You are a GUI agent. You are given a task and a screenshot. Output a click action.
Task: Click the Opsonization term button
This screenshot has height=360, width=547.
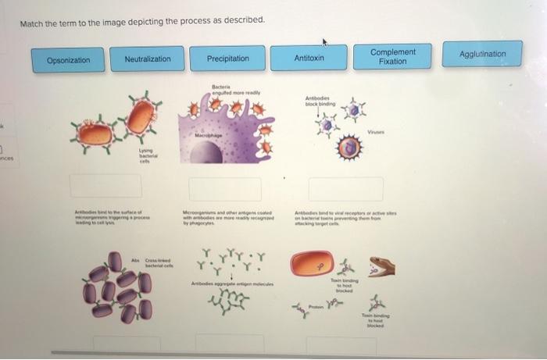[x=68, y=59]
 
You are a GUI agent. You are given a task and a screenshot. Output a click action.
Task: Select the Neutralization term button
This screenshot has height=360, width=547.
[x=148, y=59]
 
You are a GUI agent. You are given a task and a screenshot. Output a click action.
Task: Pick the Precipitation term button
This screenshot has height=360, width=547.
[x=228, y=59]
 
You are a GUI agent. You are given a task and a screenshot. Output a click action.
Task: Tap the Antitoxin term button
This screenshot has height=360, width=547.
[x=309, y=59]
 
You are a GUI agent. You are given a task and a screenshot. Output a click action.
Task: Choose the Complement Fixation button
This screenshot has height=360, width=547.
[x=393, y=56]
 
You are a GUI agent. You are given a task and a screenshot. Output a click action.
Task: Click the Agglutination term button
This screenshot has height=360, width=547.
[x=482, y=55]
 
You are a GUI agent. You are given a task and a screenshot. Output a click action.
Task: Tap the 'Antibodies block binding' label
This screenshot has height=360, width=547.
[x=320, y=100]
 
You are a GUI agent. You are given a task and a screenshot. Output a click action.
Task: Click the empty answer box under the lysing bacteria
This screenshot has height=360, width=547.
[x=107, y=186]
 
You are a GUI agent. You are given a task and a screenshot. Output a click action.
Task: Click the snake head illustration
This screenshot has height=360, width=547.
[x=381, y=268]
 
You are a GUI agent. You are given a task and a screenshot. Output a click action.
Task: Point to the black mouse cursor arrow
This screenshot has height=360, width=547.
[x=324, y=41]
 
